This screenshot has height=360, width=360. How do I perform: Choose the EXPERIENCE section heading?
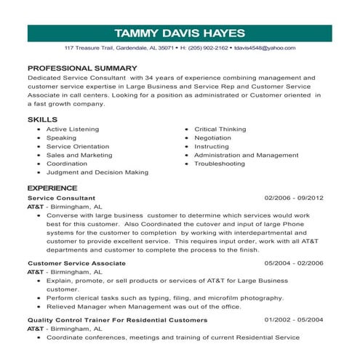click(52, 188)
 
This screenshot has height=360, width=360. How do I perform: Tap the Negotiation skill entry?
click(213, 137)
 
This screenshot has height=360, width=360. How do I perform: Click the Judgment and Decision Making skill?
click(97, 172)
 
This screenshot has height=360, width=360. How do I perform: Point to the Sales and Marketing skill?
click(79, 155)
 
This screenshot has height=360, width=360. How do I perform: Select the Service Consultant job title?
click(61, 198)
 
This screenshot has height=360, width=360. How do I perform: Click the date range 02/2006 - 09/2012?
click(294, 198)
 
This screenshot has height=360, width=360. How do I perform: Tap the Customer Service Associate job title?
click(76, 263)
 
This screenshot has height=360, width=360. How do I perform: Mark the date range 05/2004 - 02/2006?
click(294, 263)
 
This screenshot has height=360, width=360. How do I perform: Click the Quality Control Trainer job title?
click(117, 319)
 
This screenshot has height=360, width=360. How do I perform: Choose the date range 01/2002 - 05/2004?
click(294, 319)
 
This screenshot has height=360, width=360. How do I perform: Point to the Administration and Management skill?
click(246, 155)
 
